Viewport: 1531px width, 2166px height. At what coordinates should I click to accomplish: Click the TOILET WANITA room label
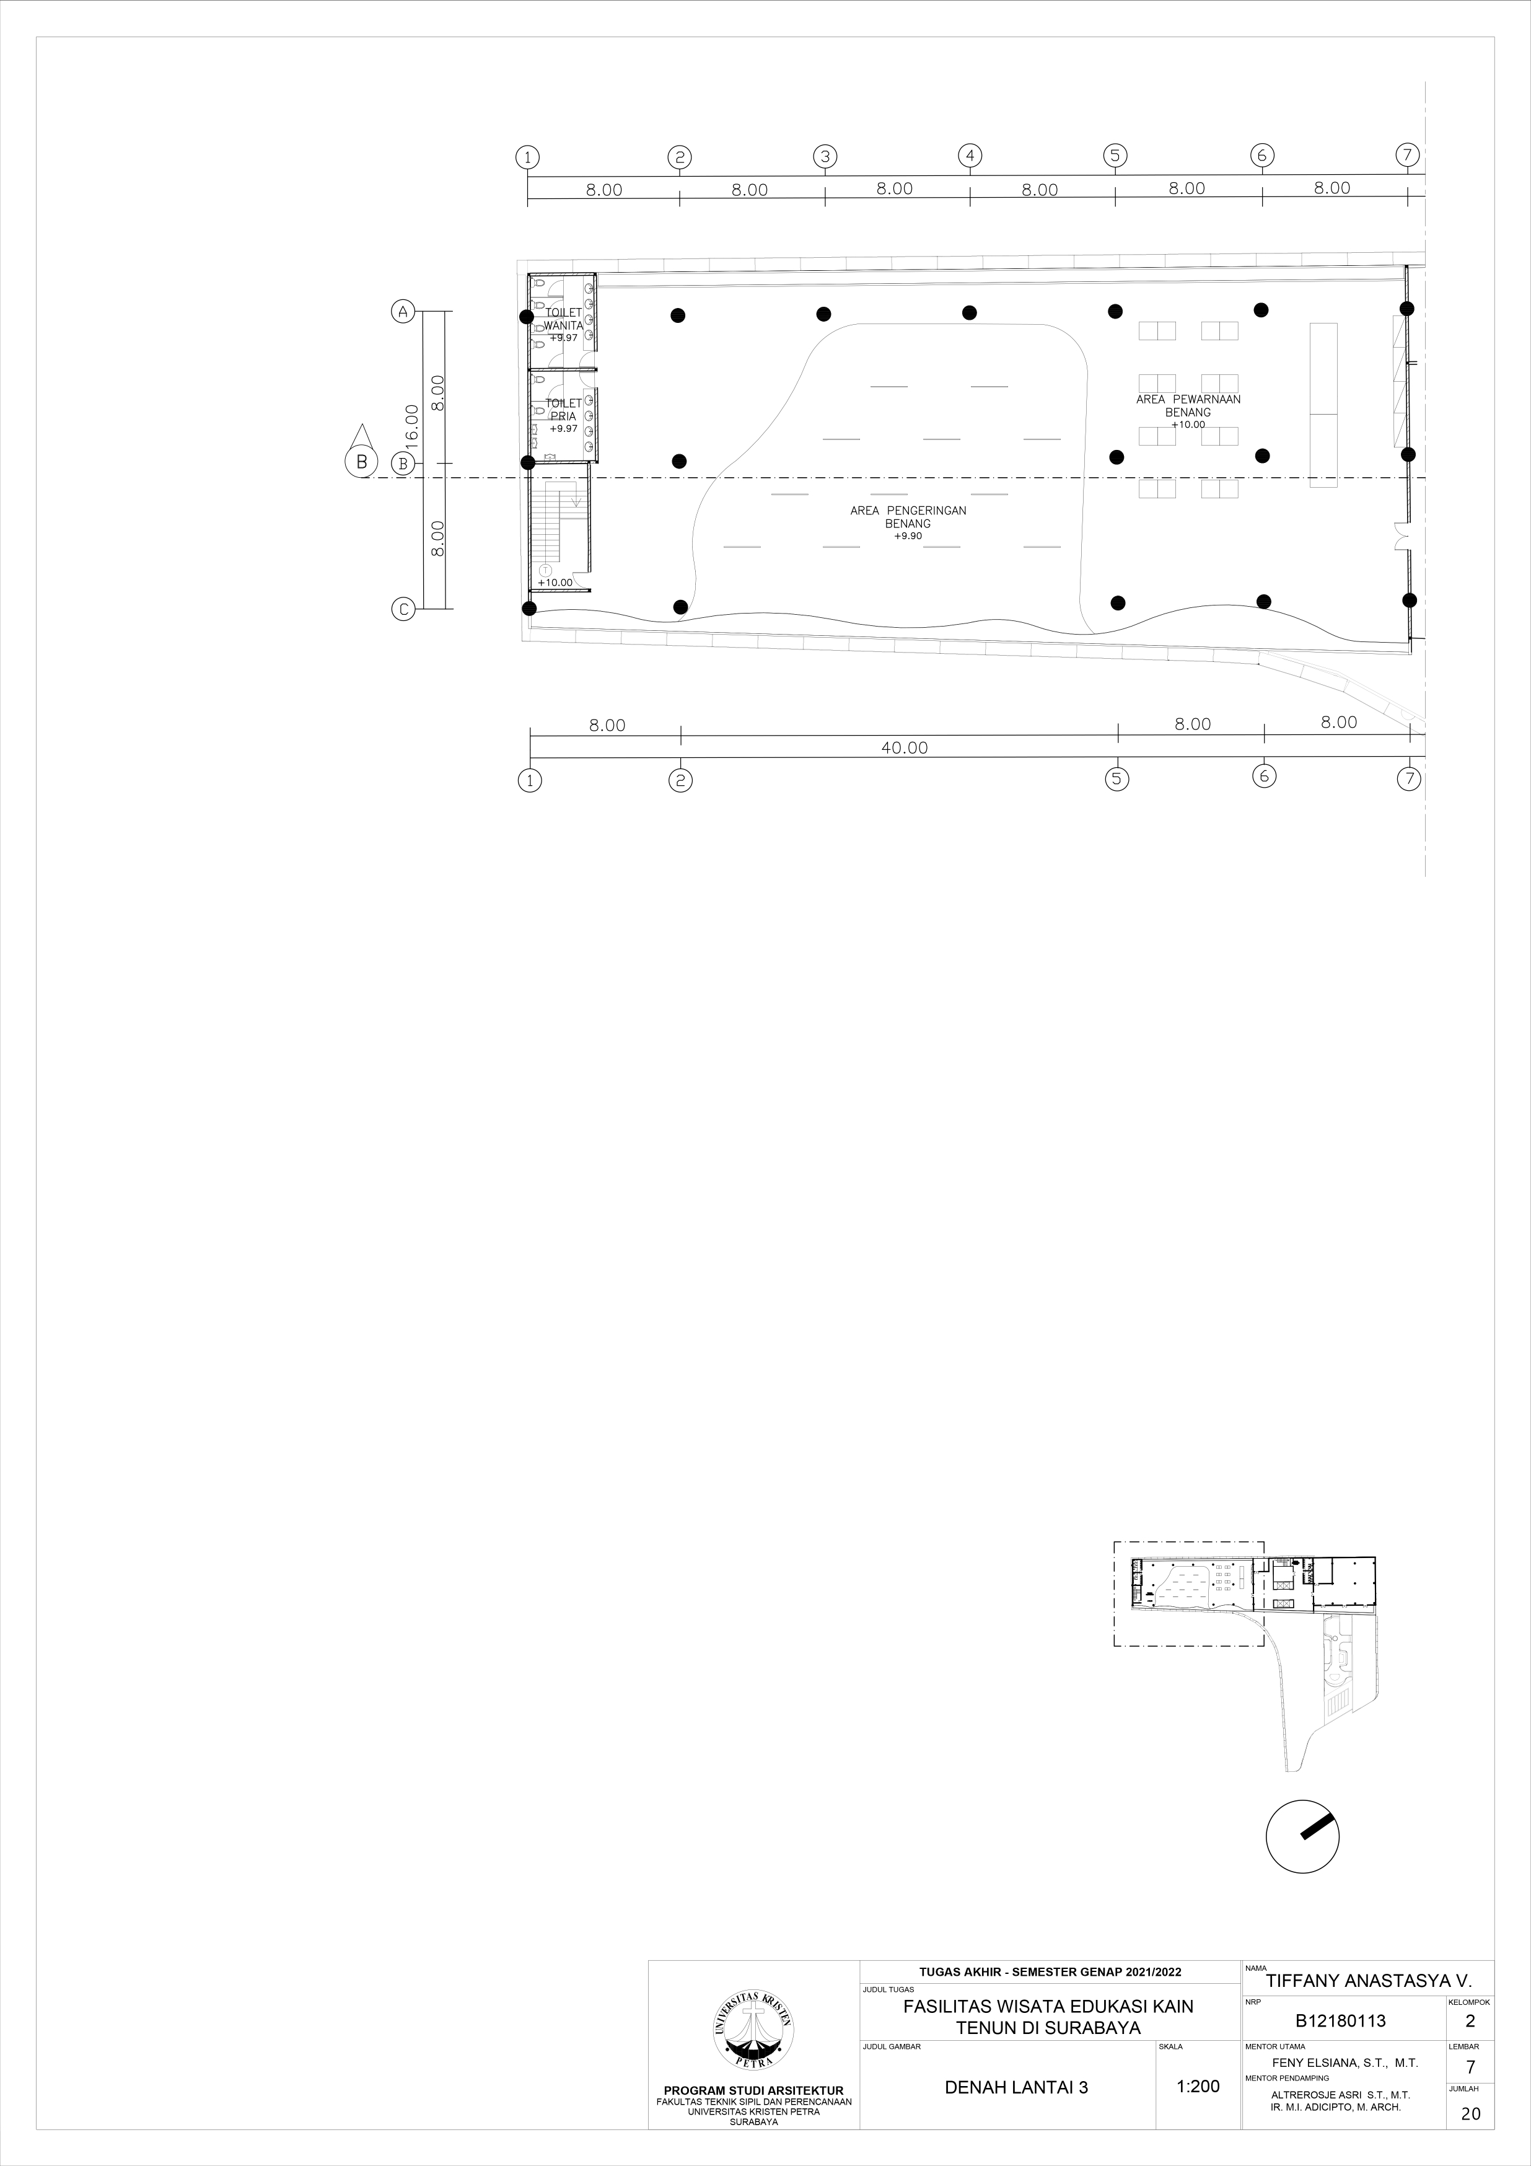tap(563, 320)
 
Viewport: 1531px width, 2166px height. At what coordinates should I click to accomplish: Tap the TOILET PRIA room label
tap(563, 410)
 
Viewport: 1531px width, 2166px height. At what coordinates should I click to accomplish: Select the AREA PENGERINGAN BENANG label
tap(908, 517)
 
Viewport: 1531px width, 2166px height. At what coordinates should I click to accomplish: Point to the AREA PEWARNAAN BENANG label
tap(1188, 406)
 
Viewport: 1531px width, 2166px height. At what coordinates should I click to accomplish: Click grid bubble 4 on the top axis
tap(970, 156)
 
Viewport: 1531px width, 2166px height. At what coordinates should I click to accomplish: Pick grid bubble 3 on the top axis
tap(825, 157)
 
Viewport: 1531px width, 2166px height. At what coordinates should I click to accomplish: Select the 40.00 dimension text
tap(904, 748)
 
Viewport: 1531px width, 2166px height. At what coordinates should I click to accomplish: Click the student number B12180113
tap(1340, 2021)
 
